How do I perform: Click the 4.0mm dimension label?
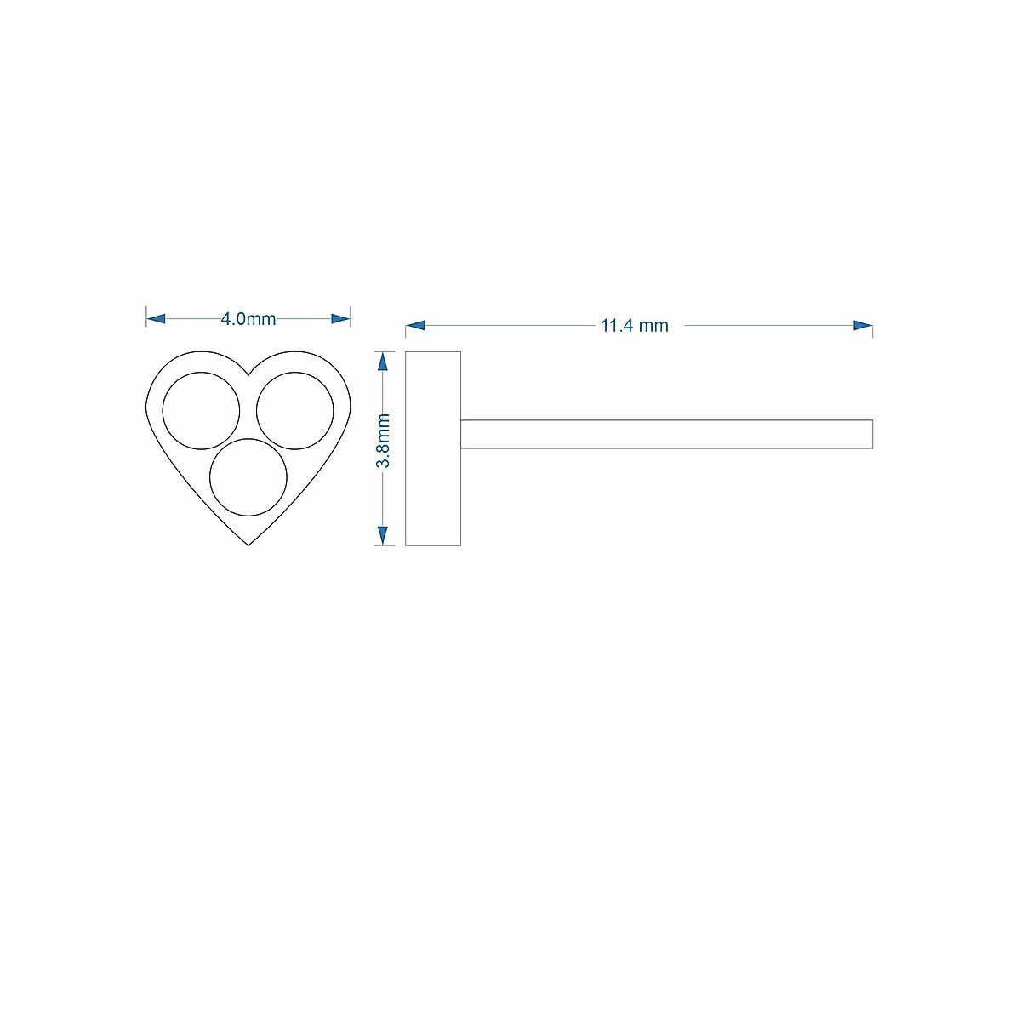[248, 319]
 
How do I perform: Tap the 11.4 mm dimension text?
[635, 326]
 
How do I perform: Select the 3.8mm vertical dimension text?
[384, 441]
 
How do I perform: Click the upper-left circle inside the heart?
[202, 411]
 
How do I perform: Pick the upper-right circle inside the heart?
[295, 411]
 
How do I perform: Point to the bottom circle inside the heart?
[248, 476]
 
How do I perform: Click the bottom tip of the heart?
[248, 545]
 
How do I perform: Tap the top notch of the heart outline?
[248, 375]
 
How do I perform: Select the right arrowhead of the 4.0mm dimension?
[340, 319]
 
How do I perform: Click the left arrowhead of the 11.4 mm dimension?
[415, 326]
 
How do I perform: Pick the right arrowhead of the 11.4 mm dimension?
[863, 326]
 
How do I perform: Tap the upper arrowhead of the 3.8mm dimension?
[383, 361]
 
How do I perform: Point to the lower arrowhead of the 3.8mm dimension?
[383, 535]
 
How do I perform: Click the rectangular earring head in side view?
[433, 448]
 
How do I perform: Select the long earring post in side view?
[666, 434]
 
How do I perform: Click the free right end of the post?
[872, 434]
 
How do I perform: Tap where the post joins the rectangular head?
[461, 434]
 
